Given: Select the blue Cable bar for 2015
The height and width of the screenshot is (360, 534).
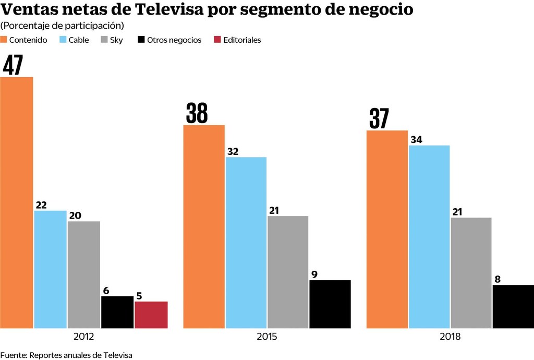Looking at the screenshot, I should pos(246,243).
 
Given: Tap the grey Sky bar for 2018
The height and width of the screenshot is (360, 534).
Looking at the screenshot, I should pos(471,273).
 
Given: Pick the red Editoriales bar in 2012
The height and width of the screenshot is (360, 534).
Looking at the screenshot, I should pos(151,315).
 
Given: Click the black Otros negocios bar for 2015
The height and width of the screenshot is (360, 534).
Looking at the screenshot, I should pos(330,304).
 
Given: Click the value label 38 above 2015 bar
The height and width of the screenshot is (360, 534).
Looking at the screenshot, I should pos(197,113).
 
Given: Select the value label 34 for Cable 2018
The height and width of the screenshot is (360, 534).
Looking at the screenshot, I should pos(417,139).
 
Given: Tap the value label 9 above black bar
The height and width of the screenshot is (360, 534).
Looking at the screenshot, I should pos(314,274).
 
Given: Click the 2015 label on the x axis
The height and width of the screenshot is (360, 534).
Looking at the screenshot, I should pos(267,337).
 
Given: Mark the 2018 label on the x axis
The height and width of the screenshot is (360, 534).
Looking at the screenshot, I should pos(450,337).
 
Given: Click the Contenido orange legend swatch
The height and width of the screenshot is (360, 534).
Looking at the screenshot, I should pos(4,40).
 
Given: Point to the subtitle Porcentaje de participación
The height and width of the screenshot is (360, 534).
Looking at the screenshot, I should pos(62,26).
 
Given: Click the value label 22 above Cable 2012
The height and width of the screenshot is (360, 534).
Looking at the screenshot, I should pos(41,205).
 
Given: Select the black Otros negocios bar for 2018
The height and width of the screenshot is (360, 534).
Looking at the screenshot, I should pos(513,306).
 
